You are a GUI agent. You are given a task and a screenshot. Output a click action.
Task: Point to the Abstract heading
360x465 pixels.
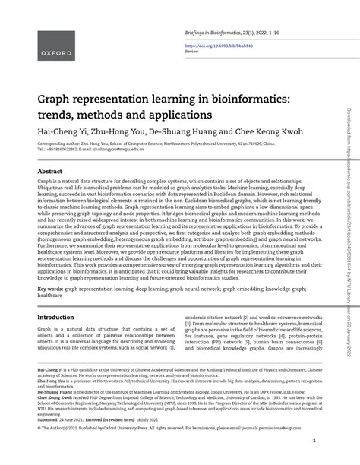[50, 172]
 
